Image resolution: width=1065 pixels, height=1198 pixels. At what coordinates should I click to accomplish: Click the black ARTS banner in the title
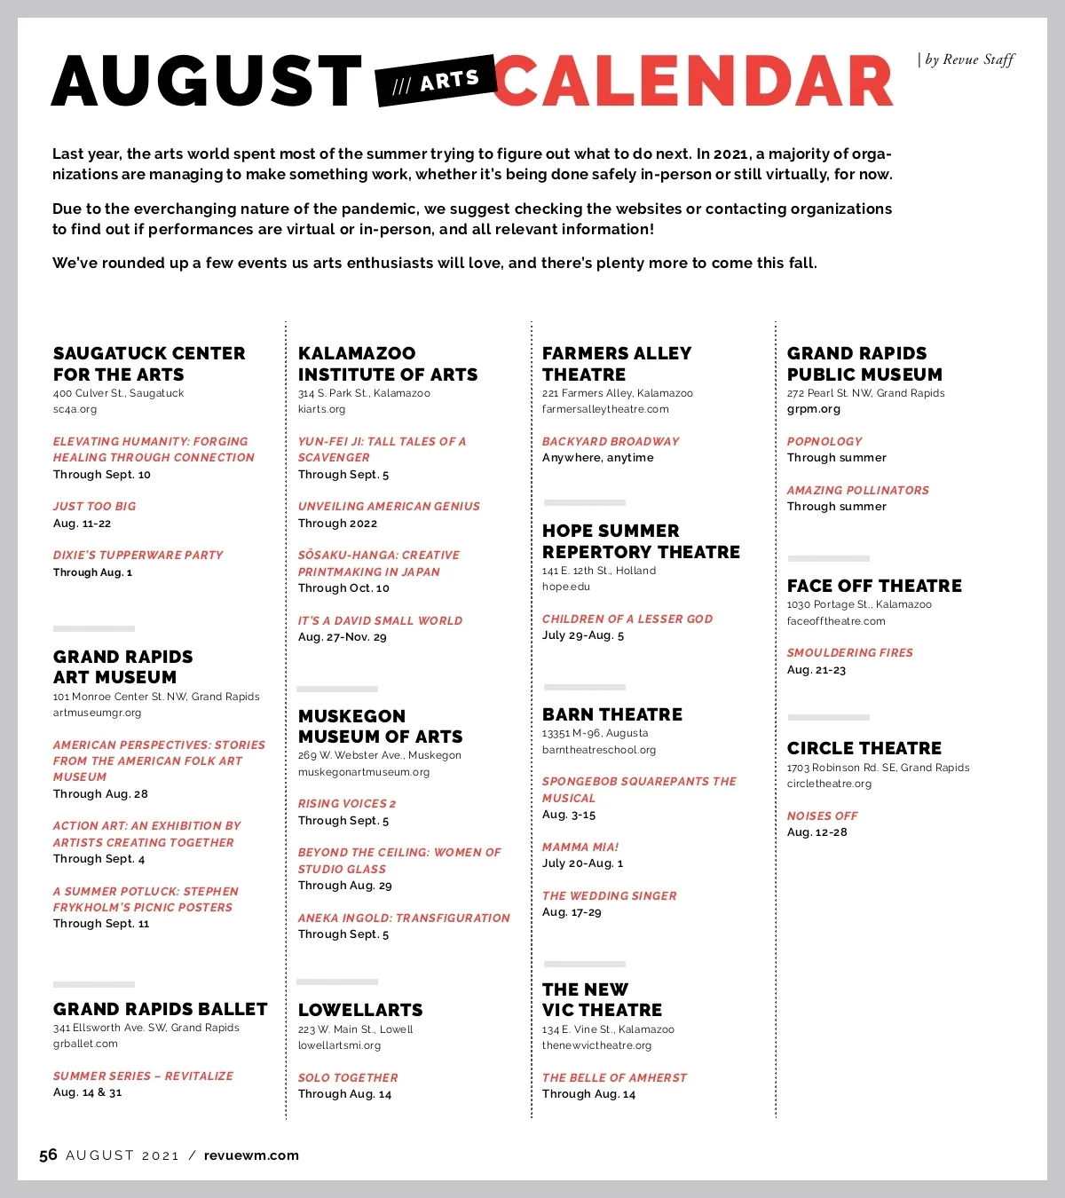(435, 82)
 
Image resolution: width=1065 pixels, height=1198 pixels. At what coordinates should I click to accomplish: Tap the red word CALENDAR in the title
(693, 82)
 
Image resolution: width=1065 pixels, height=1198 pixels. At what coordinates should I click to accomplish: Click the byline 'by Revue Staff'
(967, 59)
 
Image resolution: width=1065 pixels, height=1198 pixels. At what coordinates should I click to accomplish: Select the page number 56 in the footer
(48, 1155)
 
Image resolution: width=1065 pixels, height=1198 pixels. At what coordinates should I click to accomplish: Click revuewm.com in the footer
(251, 1155)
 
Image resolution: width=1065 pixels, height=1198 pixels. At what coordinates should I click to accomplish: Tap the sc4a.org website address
(75, 409)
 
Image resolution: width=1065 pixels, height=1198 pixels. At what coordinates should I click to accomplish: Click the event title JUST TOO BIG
(94, 506)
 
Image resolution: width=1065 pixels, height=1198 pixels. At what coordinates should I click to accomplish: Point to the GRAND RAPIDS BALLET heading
(160, 1009)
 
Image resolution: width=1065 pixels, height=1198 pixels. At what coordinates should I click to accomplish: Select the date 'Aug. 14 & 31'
(87, 1092)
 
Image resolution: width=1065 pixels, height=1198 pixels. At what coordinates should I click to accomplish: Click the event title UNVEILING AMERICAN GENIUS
(389, 506)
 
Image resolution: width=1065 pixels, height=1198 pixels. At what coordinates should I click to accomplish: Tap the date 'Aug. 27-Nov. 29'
(342, 637)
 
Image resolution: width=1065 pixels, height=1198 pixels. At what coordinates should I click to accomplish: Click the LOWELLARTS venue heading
(360, 1010)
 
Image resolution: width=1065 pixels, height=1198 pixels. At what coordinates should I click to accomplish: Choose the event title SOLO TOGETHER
(348, 1077)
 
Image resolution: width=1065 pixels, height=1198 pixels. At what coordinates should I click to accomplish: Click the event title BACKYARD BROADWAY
(611, 441)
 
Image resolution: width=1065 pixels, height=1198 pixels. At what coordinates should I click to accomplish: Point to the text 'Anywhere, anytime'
(597, 458)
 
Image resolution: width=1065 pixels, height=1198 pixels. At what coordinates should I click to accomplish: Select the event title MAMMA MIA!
(580, 847)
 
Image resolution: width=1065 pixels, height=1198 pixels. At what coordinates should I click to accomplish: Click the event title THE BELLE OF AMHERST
(614, 1077)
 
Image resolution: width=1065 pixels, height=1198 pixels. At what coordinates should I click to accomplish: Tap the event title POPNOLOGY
(824, 441)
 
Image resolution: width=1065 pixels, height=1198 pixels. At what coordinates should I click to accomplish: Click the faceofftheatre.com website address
(836, 621)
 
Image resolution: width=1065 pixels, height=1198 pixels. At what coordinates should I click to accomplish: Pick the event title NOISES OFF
(822, 816)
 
